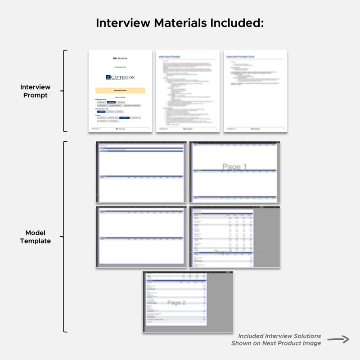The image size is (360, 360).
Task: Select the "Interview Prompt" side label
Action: point(35,91)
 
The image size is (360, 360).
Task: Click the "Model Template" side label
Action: point(35,237)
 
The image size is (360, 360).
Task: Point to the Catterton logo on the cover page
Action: point(120,77)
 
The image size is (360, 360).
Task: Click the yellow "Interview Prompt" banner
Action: point(120,90)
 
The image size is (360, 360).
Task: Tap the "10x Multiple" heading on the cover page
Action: point(120,58)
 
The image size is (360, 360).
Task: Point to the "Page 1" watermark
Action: point(234,167)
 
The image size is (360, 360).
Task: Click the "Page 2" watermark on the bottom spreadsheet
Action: point(176,303)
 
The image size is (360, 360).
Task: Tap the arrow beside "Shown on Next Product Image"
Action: point(338,339)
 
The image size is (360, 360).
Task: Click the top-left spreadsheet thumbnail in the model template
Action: point(141,172)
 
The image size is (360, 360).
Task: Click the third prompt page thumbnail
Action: point(256,91)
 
